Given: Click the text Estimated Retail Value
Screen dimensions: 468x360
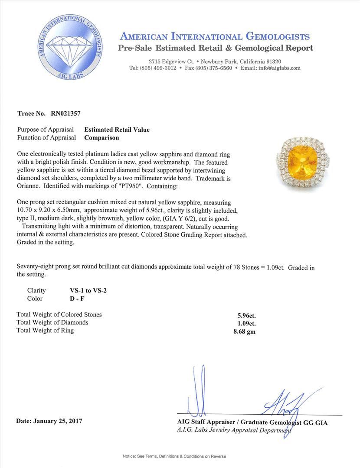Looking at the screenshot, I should coord(117,130).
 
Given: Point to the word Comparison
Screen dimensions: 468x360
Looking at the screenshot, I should coord(101,138).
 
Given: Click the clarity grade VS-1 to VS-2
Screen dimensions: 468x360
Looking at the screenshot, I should coord(85,290).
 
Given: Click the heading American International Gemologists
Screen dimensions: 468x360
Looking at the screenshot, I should coord(215,36).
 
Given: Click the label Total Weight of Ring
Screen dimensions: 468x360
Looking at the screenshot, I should coord(45,331).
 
